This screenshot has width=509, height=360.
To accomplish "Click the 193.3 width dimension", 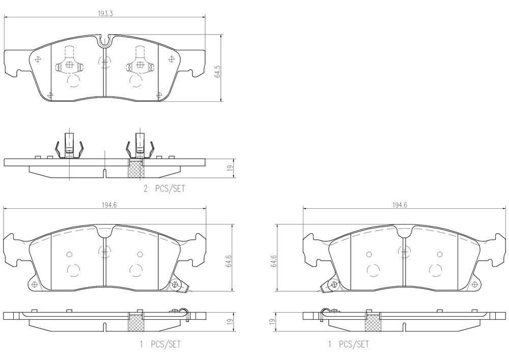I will click(105, 14).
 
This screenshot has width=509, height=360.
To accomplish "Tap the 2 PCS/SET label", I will click(164, 188).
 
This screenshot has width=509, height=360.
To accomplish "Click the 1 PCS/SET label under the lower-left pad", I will click(159, 345).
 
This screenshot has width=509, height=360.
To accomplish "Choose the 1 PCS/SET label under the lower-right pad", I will click(349, 345).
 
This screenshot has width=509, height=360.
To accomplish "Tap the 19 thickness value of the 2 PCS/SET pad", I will click(230, 168).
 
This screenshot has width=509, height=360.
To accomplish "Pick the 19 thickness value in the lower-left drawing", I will click(230, 322).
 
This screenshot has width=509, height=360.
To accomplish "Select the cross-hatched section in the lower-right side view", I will click(372, 321).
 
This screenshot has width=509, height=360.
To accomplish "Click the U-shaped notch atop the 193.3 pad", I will click(104, 40).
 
